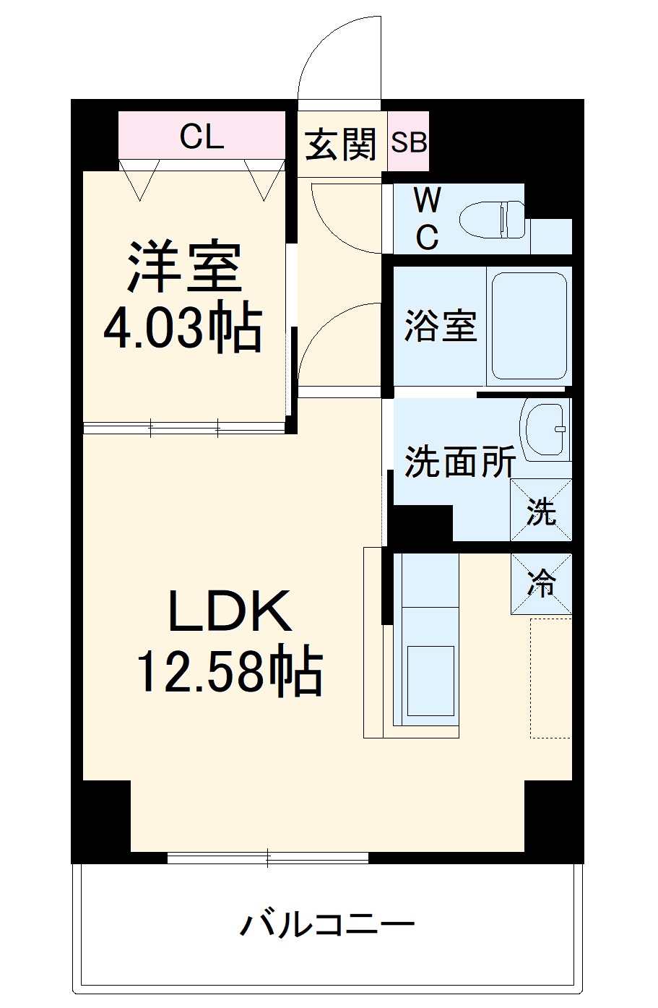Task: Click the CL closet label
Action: pyautogui.click(x=202, y=136)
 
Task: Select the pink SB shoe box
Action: pyautogui.click(x=409, y=142)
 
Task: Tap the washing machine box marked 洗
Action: pyautogui.click(x=541, y=510)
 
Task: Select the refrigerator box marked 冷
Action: pyautogui.click(x=541, y=584)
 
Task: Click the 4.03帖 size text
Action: pyautogui.click(x=181, y=328)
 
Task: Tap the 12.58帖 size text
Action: pyautogui.click(x=230, y=671)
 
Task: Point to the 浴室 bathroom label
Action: pyautogui.click(x=440, y=325)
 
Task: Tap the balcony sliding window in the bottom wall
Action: pyautogui.click(x=268, y=858)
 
